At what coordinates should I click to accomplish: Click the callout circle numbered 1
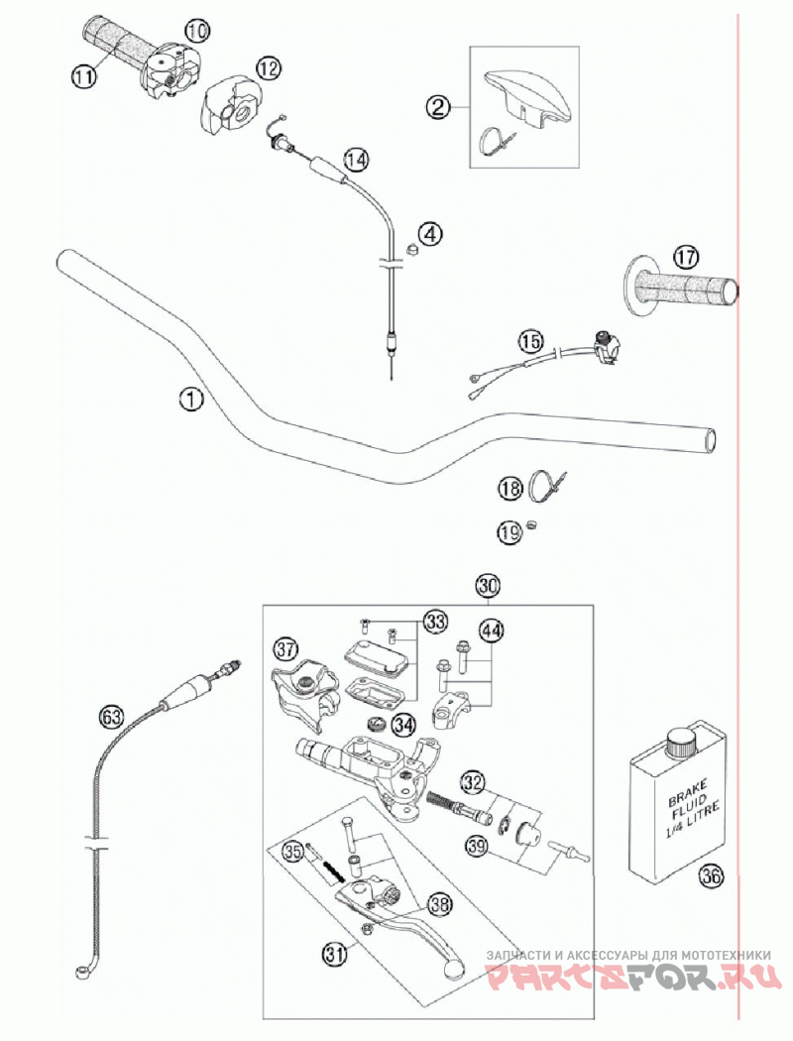(x=190, y=399)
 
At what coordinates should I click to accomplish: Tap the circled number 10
(x=196, y=31)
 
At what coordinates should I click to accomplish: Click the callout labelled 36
(x=710, y=875)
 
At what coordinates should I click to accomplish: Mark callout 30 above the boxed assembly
(x=487, y=585)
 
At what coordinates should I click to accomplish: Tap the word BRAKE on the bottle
(x=687, y=796)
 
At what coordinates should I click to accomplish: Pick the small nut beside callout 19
(x=531, y=524)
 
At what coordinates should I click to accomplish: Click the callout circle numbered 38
(x=439, y=904)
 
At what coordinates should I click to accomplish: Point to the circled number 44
(x=492, y=631)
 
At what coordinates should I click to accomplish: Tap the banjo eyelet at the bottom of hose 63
(x=80, y=969)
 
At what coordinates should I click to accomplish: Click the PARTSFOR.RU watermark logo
(x=628, y=978)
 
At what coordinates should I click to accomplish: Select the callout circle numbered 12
(x=268, y=67)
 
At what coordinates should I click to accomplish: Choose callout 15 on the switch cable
(x=531, y=340)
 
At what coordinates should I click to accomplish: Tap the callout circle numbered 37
(x=286, y=649)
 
